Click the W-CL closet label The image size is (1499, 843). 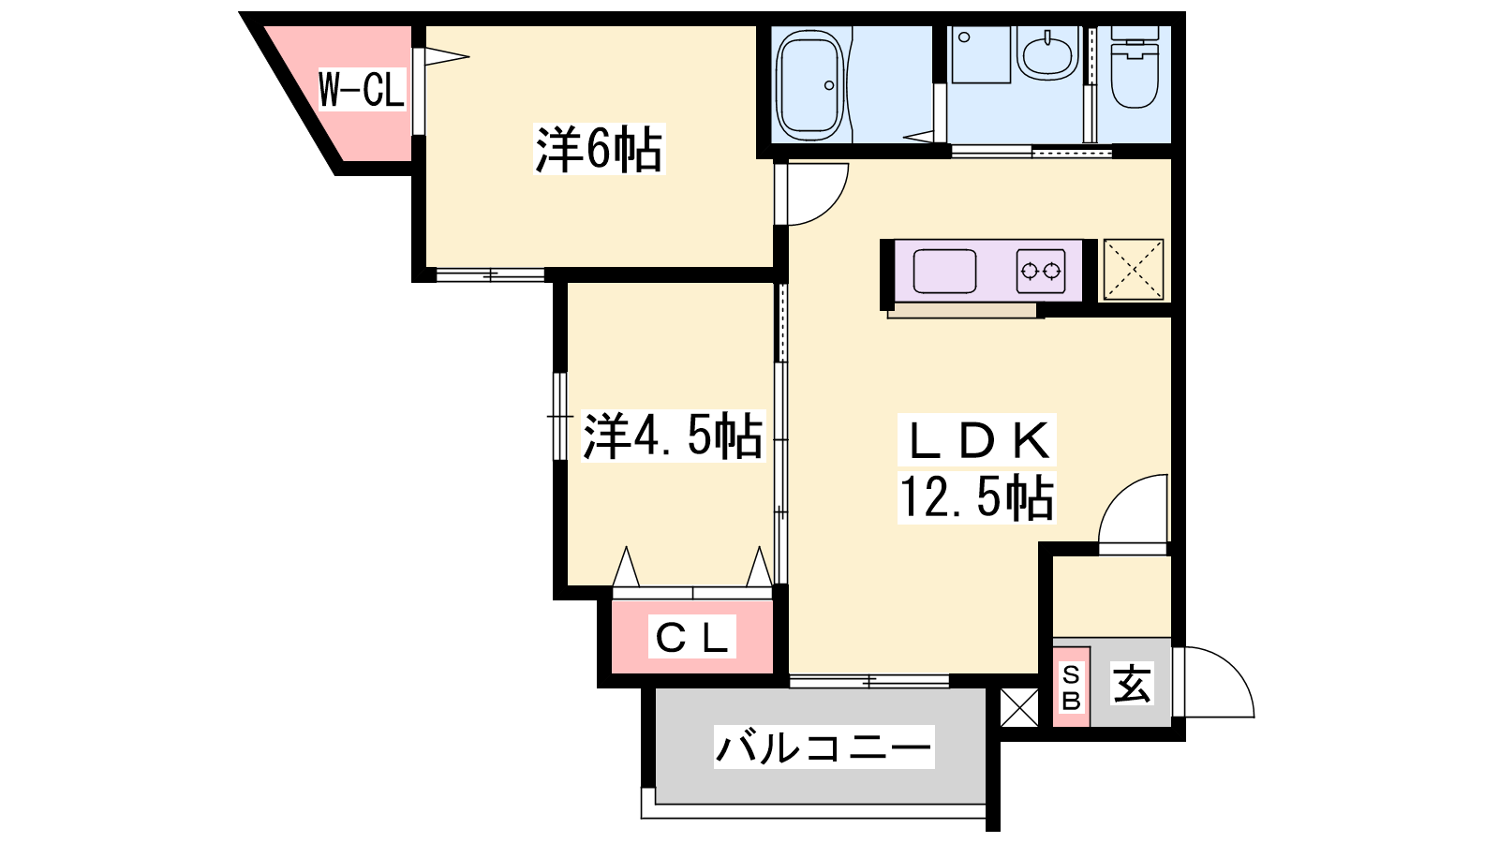[x=362, y=90]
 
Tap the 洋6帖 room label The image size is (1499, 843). [x=599, y=149]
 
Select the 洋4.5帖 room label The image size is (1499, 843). [x=673, y=436]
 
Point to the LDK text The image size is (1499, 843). [x=977, y=439]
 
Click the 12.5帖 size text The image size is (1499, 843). [x=977, y=496]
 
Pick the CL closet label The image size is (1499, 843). [x=692, y=637]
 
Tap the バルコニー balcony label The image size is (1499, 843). [x=824, y=747]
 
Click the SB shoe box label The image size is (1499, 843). [x=1072, y=688]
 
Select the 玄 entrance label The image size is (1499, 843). [x=1132, y=683]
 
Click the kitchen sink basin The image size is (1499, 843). [x=944, y=271]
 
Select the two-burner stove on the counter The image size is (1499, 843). [x=1041, y=271]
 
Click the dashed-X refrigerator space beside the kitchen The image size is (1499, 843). [x=1134, y=269]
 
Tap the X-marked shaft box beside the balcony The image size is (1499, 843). [x=1019, y=707]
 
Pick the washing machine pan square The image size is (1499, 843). [x=981, y=55]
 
